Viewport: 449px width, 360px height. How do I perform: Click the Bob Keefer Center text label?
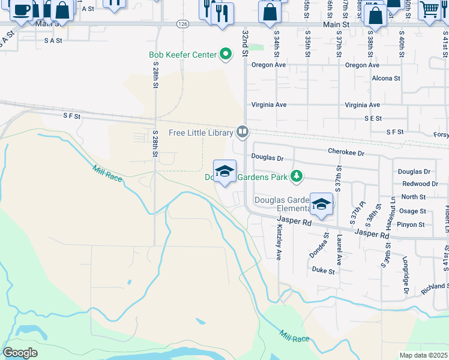(x=182, y=55)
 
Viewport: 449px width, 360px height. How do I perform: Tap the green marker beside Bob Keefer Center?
(x=226, y=55)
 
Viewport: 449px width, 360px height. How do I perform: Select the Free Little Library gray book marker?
(x=243, y=131)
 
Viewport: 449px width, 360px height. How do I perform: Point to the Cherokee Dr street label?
(x=346, y=153)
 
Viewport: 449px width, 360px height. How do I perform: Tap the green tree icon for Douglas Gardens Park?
(x=295, y=176)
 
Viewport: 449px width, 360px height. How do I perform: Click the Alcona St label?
(x=386, y=78)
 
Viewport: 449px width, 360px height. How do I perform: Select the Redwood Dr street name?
(x=420, y=184)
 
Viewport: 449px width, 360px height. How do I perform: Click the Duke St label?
(x=323, y=271)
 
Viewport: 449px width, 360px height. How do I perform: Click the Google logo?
(x=20, y=352)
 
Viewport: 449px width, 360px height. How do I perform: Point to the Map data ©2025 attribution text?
(x=423, y=355)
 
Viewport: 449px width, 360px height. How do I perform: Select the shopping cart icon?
(x=430, y=10)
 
